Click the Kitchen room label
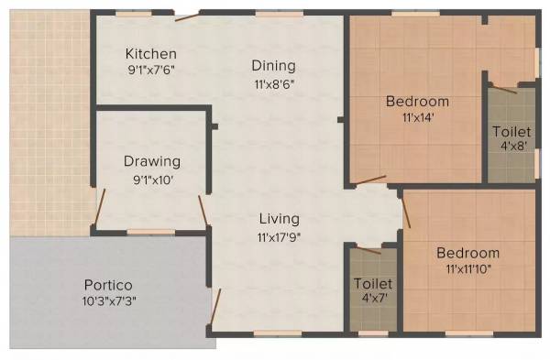(x=151, y=52)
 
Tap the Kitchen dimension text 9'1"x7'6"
(x=151, y=67)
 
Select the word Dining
(x=274, y=65)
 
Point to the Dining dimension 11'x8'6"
(x=274, y=82)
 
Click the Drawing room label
(x=152, y=162)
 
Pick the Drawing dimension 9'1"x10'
(x=152, y=180)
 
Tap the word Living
(x=279, y=219)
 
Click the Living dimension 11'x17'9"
(x=279, y=236)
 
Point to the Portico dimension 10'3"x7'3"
(x=109, y=300)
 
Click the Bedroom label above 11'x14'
(x=417, y=101)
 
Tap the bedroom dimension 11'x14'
(x=417, y=117)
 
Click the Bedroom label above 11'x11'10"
(x=467, y=253)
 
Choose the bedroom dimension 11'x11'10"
(x=467, y=269)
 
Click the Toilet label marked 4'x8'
(x=510, y=131)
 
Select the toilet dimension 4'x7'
(x=373, y=299)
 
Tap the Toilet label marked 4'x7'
(x=373, y=283)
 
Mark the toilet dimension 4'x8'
(x=510, y=147)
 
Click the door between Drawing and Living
(x=203, y=210)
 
